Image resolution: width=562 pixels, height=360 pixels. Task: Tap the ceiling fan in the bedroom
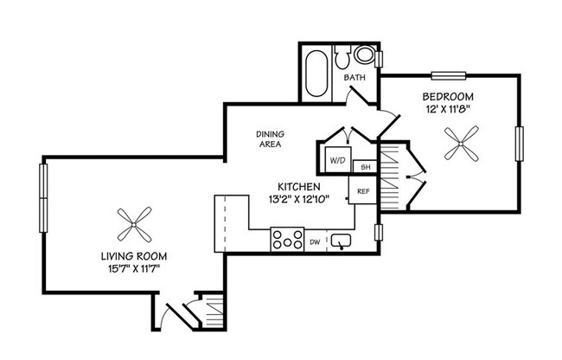(x=460, y=143)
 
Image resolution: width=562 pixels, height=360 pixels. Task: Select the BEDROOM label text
(x=448, y=96)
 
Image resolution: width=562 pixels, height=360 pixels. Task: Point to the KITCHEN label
(x=299, y=187)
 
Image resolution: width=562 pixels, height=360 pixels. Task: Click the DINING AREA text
(x=271, y=139)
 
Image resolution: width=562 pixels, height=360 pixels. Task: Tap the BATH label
(x=354, y=78)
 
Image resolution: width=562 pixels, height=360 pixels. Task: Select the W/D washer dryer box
(x=335, y=161)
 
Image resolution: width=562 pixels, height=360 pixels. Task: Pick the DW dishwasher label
(x=316, y=242)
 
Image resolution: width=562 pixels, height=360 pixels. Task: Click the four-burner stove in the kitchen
(x=286, y=239)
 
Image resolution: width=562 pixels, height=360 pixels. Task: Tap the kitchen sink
(x=342, y=241)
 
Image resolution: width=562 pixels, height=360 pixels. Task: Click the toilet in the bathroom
(x=362, y=57)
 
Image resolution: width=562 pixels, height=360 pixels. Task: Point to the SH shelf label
(x=365, y=166)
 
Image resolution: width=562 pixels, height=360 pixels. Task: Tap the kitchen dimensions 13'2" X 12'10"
(x=299, y=200)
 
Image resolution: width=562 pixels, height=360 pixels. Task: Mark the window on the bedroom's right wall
(x=520, y=143)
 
